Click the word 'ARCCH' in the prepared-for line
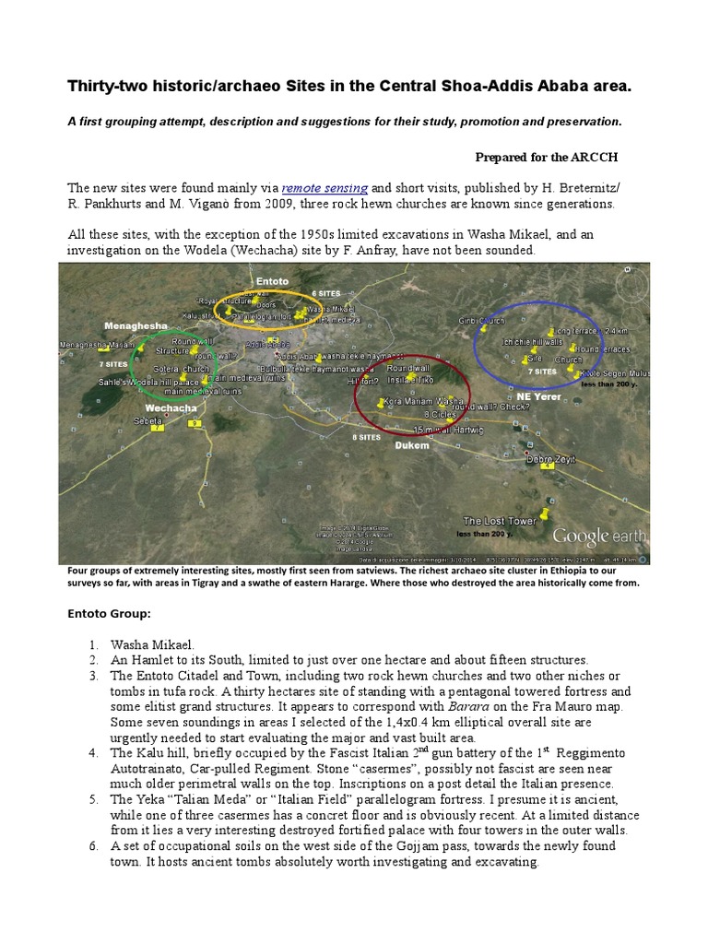[612, 157]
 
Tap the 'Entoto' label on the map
[272, 280]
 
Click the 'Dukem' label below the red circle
[411, 445]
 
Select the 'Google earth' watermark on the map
[594, 536]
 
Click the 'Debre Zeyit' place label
[550, 457]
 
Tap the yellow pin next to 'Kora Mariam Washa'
[381, 402]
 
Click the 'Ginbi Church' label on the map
[481, 321]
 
